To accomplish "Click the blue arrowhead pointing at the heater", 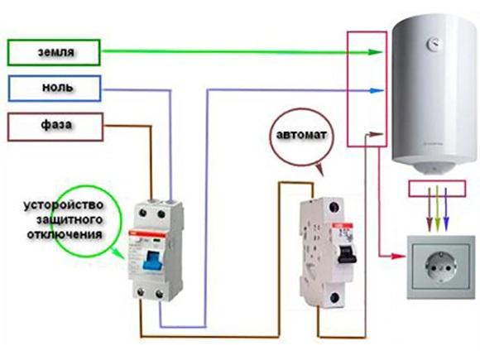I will tap(378, 89).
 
